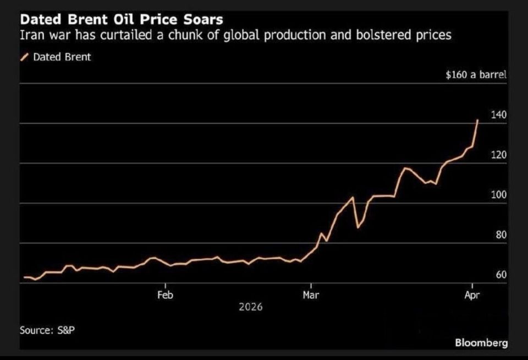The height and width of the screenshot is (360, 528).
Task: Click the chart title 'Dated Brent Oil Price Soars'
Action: pyautogui.click(x=122, y=19)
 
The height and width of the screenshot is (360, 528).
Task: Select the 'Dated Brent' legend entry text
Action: pyautogui.click(x=62, y=57)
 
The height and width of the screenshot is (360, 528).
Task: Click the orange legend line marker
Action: pyautogui.click(x=24, y=57)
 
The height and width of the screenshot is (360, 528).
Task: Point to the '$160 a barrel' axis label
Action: pyautogui.click(x=476, y=75)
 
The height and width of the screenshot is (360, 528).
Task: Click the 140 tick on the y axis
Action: pyautogui.click(x=498, y=115)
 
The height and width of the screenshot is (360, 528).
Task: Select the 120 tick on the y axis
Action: pyautogui.click(x=498, y=155)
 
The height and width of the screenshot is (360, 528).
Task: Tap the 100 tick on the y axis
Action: pyautogui.click(x=498, y=195)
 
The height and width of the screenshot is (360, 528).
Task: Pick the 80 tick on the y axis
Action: pyautogui.click(x=501, y=235)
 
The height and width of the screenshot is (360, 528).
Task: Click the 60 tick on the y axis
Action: pyautogui.click(x=501, y=275)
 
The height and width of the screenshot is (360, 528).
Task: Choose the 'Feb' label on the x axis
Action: pyautogui.click(x=165, y=295)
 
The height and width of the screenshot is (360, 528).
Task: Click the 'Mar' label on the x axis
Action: pyautogui.click(x=311, y=295)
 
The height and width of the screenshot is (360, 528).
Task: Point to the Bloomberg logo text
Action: pyautogui.click(x=481, y=343)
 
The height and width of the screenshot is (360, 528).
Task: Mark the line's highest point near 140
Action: pyautogui.click(x=477, y=119)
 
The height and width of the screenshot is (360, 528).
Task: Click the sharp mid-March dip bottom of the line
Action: pyautogui.click(x=358, y=227)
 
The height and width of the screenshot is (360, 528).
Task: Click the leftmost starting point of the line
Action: pyautogui.click(x=24, y=277)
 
